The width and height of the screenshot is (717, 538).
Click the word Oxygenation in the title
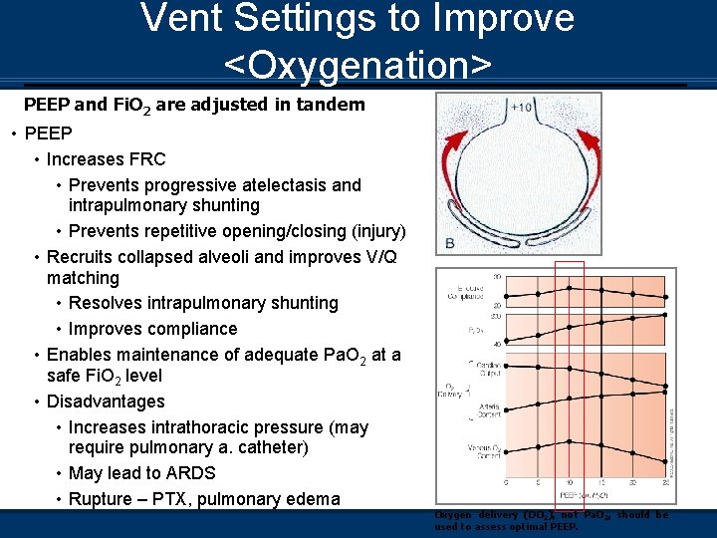tap(358, 65)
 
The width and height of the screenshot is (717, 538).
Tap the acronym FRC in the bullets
tap(146, 159)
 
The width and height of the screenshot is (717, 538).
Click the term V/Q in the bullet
tap(377, 257)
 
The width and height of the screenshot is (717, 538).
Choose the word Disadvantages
tap(106, 402)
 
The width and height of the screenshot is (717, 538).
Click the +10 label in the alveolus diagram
tap(521, 108)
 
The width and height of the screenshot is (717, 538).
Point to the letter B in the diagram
tap(451, 243)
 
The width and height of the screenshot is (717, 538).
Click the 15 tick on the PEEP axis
tap(600, 483)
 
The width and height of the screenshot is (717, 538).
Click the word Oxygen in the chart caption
tap(453, 515)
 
